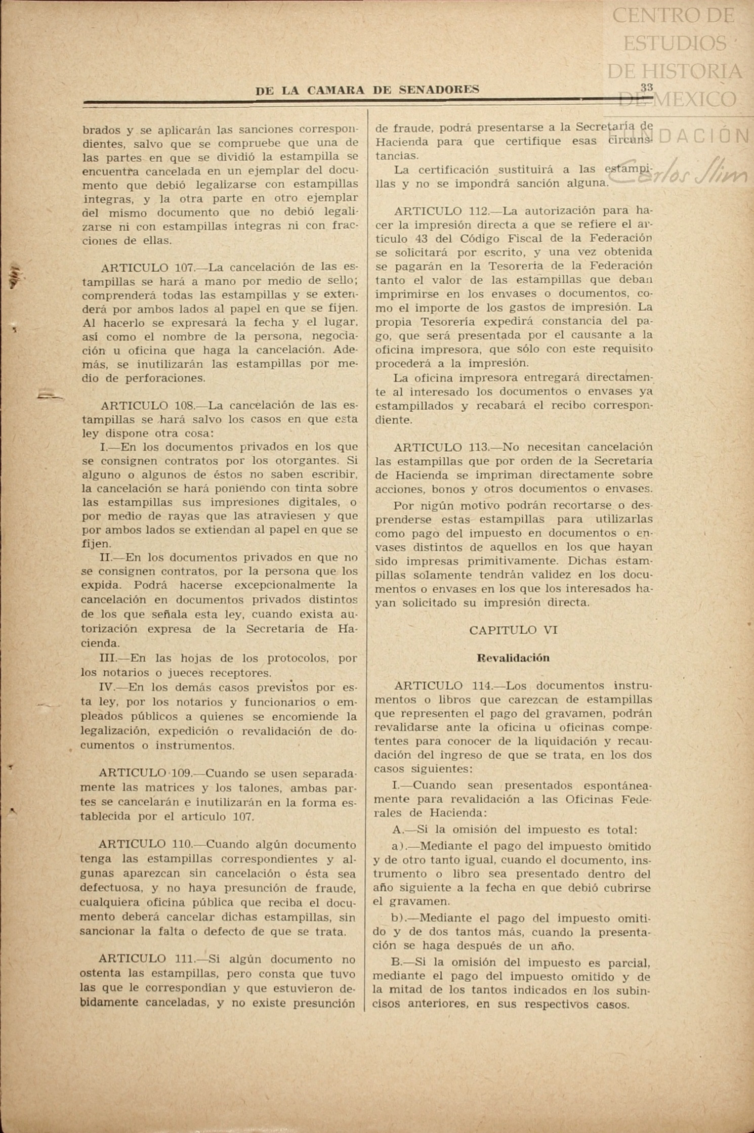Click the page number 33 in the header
646,87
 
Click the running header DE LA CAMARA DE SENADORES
367,90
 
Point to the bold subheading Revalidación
513,658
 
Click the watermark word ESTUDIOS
675,43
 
